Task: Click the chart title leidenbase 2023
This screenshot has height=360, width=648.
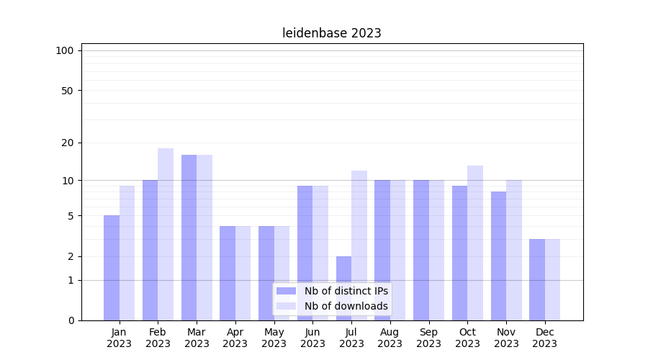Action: coord(331,33)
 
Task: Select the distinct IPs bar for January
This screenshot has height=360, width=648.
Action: coord(112,268)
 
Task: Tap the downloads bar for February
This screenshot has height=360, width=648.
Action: coord(166,234)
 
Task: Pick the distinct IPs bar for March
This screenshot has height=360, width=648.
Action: coord(189,238)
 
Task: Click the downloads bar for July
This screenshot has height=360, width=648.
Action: coord(359,245)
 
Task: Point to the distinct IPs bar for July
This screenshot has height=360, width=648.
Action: coord(343,288)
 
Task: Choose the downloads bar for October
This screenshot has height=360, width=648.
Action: coord(475,243)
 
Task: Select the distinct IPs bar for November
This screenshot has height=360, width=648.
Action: coord(498,256)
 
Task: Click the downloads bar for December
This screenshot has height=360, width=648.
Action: coord(552,279)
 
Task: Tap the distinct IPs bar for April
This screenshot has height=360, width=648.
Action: coord(228,273)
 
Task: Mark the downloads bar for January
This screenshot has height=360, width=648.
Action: coord(127,253)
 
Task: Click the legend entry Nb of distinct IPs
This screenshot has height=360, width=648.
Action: coord(346,291)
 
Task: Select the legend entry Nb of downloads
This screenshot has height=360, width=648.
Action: coord(346,306)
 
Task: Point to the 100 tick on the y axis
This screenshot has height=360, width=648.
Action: coord(65,50)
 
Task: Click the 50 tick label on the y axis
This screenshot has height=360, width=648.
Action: coord(68,91)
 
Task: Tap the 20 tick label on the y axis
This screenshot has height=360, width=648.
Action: coord(68,143)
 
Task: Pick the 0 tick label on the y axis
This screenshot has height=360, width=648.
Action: coord(71,320)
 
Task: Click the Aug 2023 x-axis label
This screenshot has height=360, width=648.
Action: coord(390,338)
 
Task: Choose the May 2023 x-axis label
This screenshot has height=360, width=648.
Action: coord(274,338)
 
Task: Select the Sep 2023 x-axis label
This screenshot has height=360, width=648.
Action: coord(429,338)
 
